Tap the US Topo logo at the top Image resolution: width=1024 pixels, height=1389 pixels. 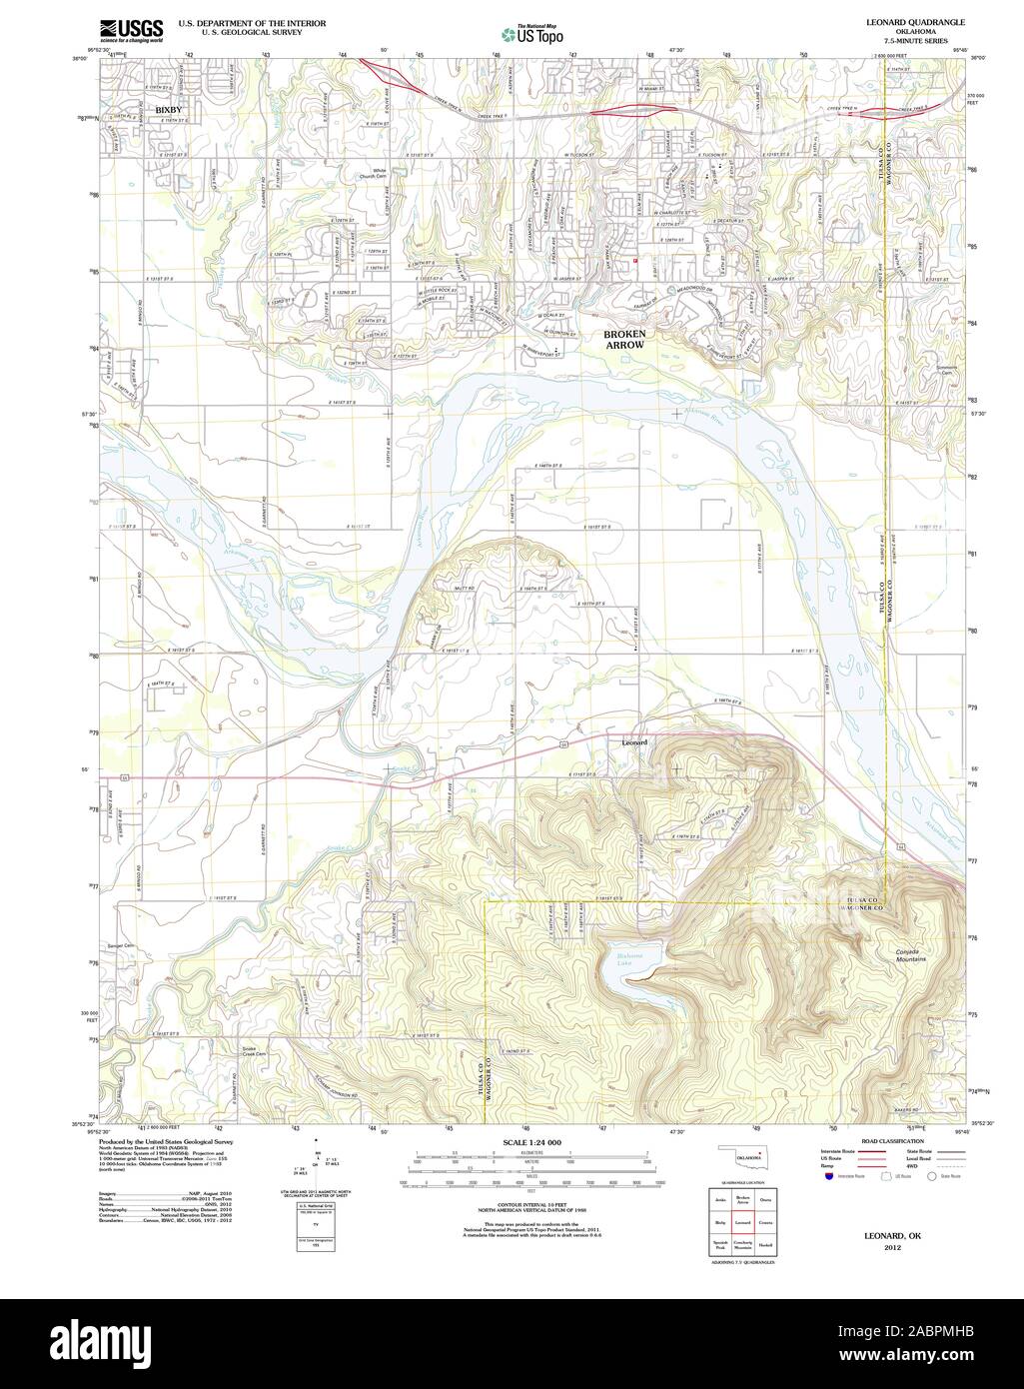[x=532, y=35]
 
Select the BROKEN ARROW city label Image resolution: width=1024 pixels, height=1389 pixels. [x=624, y=338]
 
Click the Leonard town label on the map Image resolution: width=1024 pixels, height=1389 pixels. [x=634, y=742]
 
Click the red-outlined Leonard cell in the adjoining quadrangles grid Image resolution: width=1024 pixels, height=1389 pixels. [x=742, y=1221]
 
